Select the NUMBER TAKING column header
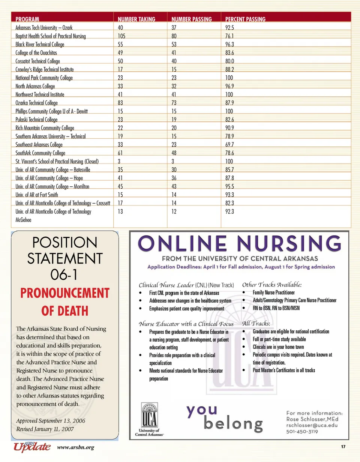click(x=136, y=19)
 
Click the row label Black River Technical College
click(x=40, y=45)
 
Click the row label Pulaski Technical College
click(x=37, y=120)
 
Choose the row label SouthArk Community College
click(x=40, y=153)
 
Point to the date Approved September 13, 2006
click(x=51, y=421)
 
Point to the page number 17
click(x=343, y=447)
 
